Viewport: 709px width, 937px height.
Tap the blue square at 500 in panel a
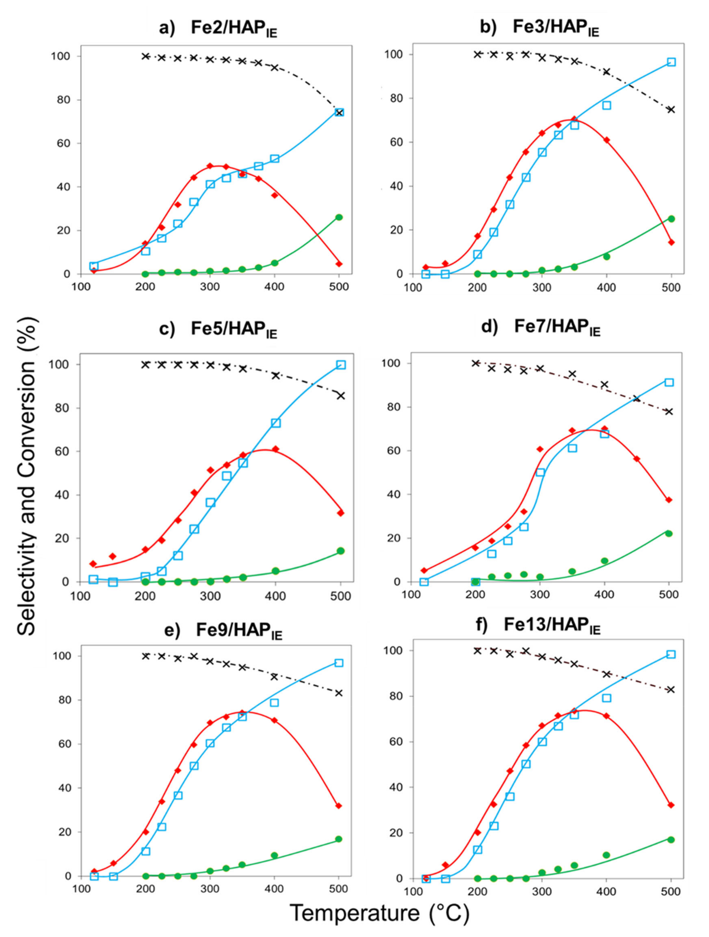click(x=339, y=112)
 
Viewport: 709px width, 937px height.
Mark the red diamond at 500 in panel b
click(x=671, y=242)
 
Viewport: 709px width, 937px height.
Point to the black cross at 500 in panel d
click(x=669, y=411)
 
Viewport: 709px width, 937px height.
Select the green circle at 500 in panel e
click(x=339, y=839)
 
